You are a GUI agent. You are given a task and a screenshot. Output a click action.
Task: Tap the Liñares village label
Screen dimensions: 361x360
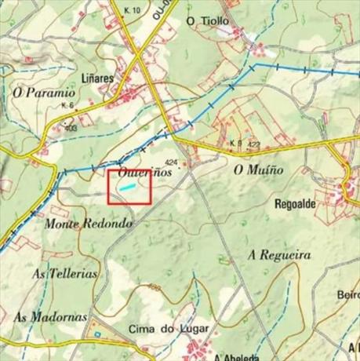[x=96, y=79]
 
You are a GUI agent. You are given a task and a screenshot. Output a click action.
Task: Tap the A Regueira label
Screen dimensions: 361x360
[x=278, y=256]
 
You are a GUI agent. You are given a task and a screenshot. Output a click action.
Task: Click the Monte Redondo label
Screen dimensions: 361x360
[x=89, y=224]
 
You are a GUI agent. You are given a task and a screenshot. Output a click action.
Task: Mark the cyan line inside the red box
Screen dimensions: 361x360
[x=126, y=188]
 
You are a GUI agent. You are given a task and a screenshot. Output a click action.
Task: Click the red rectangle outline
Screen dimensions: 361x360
[x=108, y=187]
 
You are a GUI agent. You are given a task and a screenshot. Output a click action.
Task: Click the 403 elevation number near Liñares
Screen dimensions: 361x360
[x=71, y=127]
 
